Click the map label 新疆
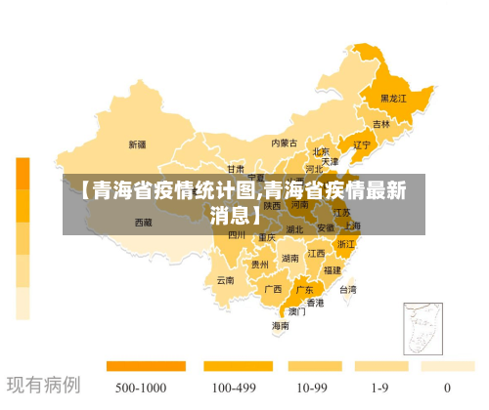point(137,144)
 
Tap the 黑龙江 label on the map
point(393,99)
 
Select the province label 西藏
point(143,223)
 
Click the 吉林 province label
point(380,125)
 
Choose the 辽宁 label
point(362,145)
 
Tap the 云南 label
point(225,280)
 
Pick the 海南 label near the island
point(281,325)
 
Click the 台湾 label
point(347,289)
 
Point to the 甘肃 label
point(236,169)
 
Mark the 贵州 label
point(259,264)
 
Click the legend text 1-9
point(379,388)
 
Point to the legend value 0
point(447,388)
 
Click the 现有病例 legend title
point(44,385)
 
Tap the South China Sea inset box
point(423,330)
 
